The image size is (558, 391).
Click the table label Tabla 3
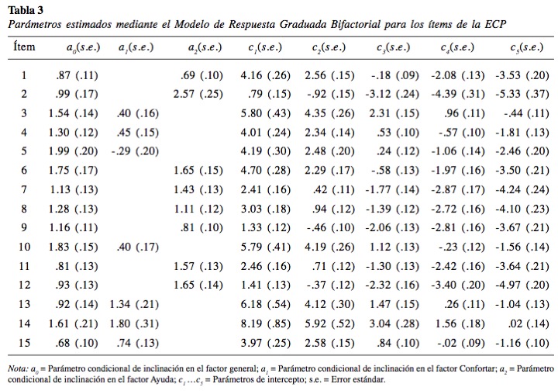(x=26, y=10)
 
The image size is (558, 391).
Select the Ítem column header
(x=24, y=47)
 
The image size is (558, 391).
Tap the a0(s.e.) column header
(x=83, y=47)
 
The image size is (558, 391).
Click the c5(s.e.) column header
(x=527, y=47)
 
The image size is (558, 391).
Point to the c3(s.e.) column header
(x=393, y=47)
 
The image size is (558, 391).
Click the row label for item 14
(x=24, y=324)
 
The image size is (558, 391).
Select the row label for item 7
(x=24, y=189)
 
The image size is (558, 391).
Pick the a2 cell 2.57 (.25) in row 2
(x=198, y=94)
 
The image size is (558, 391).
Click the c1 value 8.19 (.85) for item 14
(x=266, y=324)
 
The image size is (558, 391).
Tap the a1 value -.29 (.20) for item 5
(x=135, y=151)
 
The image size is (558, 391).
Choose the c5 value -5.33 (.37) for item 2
(x=522, y=94)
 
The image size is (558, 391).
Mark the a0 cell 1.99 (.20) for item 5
(x=73, y=151)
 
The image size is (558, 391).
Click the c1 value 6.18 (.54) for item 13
(x=266, y=304)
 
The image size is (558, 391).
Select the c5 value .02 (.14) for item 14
(x=529, y=324)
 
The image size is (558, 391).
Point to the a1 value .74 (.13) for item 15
(x=137, y=343)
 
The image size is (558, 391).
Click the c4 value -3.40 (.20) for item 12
(x=458, y=285)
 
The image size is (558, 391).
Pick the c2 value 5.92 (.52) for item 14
(x=329, y=324)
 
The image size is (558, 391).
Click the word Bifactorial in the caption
(x=355, y=25)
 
